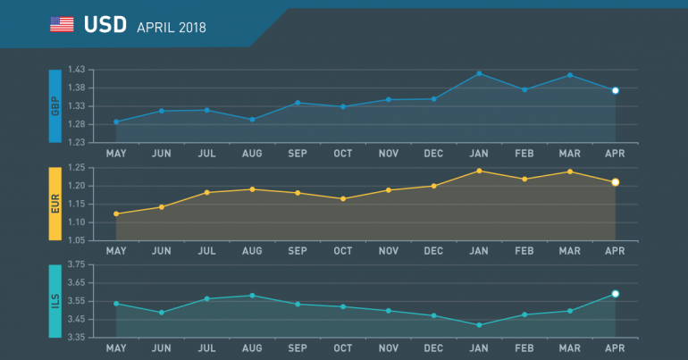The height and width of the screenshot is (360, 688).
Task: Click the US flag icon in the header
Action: coord(62,25)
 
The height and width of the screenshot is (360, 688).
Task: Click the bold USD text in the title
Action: coord(105,26)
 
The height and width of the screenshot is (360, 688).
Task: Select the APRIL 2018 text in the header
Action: coord(172,27)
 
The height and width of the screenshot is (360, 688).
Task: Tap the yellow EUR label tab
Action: coord(55,203)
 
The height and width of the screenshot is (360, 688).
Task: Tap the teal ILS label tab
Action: coord(55,301)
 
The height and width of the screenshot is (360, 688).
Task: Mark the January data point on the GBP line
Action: coord(480,73)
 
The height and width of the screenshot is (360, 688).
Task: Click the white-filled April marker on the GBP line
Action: coord(615,90)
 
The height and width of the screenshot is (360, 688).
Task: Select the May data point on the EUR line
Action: coord(116,214)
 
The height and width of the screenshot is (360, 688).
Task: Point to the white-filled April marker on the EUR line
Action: coord(615,182)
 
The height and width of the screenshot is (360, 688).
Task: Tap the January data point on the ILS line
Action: coord(480,325)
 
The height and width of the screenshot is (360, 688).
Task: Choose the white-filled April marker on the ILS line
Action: coord(615,294)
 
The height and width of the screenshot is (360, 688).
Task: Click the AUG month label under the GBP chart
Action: coord(252,153)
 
